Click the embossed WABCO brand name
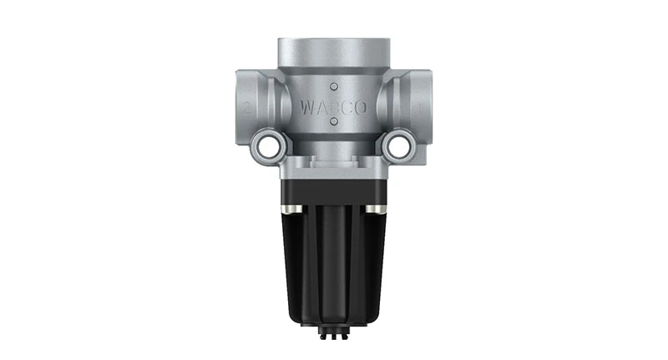click(x=333, y=106)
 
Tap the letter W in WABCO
click(x=306, y=106)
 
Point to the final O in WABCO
click(x=362, y=106)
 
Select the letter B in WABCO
click(x=334, y=106)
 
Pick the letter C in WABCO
click(x=348, y=106)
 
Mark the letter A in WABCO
click(x=320, y=106)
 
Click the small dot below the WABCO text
click(x=334, y=123)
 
